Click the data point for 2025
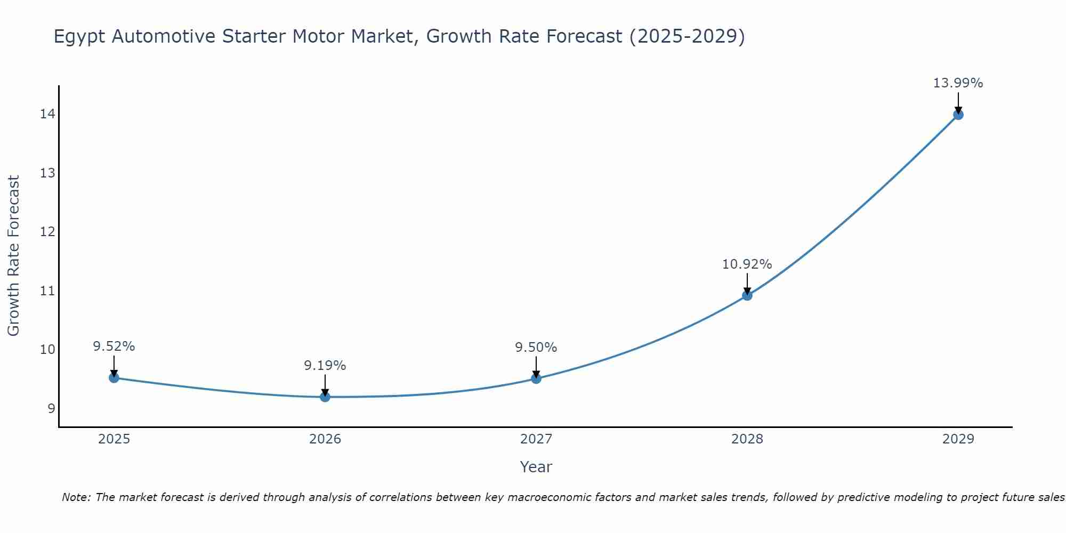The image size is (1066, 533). (114, 378)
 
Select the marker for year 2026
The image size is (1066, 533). (325, 397)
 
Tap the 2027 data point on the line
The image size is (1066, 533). (536, 378)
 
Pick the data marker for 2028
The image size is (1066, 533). (747, 295)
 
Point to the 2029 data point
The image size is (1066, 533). (958, 115)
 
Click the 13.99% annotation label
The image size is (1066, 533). (958, 83)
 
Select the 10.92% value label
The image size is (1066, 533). (747, 264)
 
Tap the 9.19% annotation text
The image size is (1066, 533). (325, 366)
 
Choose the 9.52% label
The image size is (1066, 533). (114, 346)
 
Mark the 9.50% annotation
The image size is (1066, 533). (536, 348)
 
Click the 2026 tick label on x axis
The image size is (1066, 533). (325, 439)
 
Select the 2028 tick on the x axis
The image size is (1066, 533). (747, 439)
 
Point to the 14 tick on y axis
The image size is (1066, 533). (47, 114)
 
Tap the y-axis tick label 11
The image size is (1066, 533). (47, 290)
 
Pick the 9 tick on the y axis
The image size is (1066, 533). (51, 408)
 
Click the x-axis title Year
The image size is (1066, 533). (536, 467)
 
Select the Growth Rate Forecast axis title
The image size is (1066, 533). (13, 256)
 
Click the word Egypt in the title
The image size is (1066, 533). (79, 37)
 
